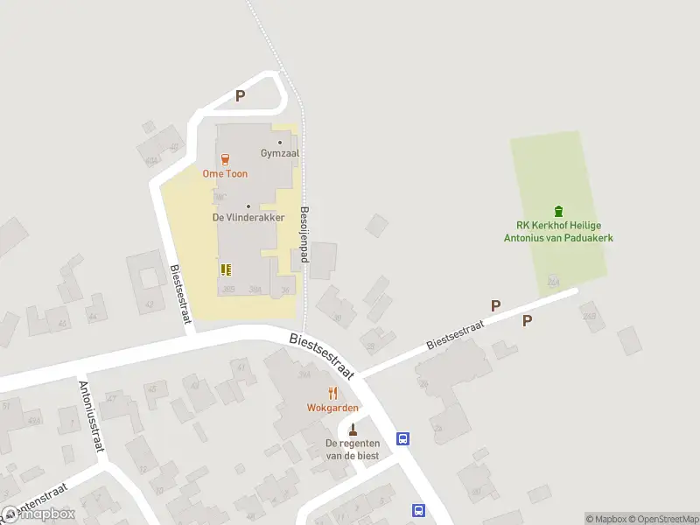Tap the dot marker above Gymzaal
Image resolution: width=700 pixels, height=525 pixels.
(280, 143)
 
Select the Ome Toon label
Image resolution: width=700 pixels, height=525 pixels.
(225, 173)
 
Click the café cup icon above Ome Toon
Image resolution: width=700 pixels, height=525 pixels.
(226, 159)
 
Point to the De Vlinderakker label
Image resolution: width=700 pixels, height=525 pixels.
(248, 217)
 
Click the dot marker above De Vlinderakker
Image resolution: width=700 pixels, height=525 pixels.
(248, 206)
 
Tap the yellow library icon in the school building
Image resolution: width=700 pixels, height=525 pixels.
(226, 269)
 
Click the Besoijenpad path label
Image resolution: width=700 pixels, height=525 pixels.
(305, 236)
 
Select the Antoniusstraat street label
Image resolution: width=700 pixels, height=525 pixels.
(92, 416)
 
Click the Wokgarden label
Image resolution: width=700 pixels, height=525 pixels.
(332, 408)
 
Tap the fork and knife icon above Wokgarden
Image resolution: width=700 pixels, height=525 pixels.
(332, 393)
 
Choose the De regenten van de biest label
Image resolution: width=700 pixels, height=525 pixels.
(353, 450)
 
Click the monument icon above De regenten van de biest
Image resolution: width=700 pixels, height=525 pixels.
(353, 430)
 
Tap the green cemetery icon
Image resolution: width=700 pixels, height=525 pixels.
(558, 211)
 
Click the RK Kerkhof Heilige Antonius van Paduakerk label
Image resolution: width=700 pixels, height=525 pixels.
(558, 231)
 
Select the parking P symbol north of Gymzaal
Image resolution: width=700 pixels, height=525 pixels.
(240, 96)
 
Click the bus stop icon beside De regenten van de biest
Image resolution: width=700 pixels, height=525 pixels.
(402, 438)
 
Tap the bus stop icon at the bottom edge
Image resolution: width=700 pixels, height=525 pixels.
(418, 510)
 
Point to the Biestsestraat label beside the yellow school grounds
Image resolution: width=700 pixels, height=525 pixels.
(180, 294)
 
